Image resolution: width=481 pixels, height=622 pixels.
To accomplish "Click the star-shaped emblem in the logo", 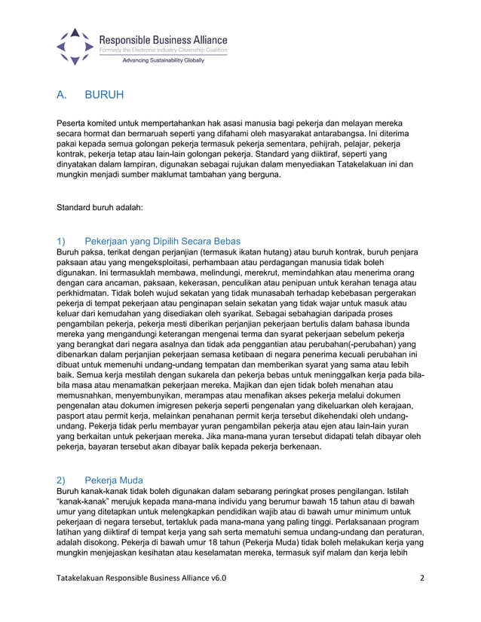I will (x=73, y=46).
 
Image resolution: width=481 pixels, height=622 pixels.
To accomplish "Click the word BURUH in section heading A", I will (x=103, y=96).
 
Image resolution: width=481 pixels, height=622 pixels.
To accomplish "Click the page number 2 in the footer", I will (x=421, y=578).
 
